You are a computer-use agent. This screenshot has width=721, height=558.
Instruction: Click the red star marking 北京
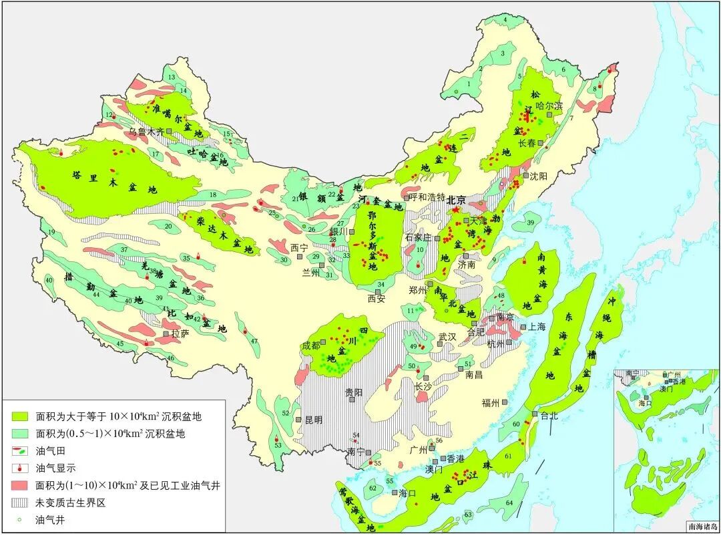click(456, 209)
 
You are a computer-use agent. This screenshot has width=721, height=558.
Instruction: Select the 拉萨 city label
click(180, 332)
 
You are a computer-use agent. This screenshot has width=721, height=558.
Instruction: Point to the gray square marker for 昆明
click(298, 420)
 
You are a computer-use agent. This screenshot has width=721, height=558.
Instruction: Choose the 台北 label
click(549, 415)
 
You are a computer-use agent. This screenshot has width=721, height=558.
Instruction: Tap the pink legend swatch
click(22, 485)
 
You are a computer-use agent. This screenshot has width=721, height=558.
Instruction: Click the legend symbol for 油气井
click(21, 519)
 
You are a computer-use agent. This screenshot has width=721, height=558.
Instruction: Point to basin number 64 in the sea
click(509, 503)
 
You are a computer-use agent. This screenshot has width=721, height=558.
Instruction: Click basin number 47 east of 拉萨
click(254, 341)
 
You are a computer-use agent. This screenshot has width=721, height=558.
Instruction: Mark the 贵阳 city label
click(354, 392)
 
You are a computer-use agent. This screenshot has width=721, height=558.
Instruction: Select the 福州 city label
click(491, 403)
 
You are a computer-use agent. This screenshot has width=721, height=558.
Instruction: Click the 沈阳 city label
click(538, 176)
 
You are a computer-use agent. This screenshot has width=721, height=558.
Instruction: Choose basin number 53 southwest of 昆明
click(278, 445)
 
